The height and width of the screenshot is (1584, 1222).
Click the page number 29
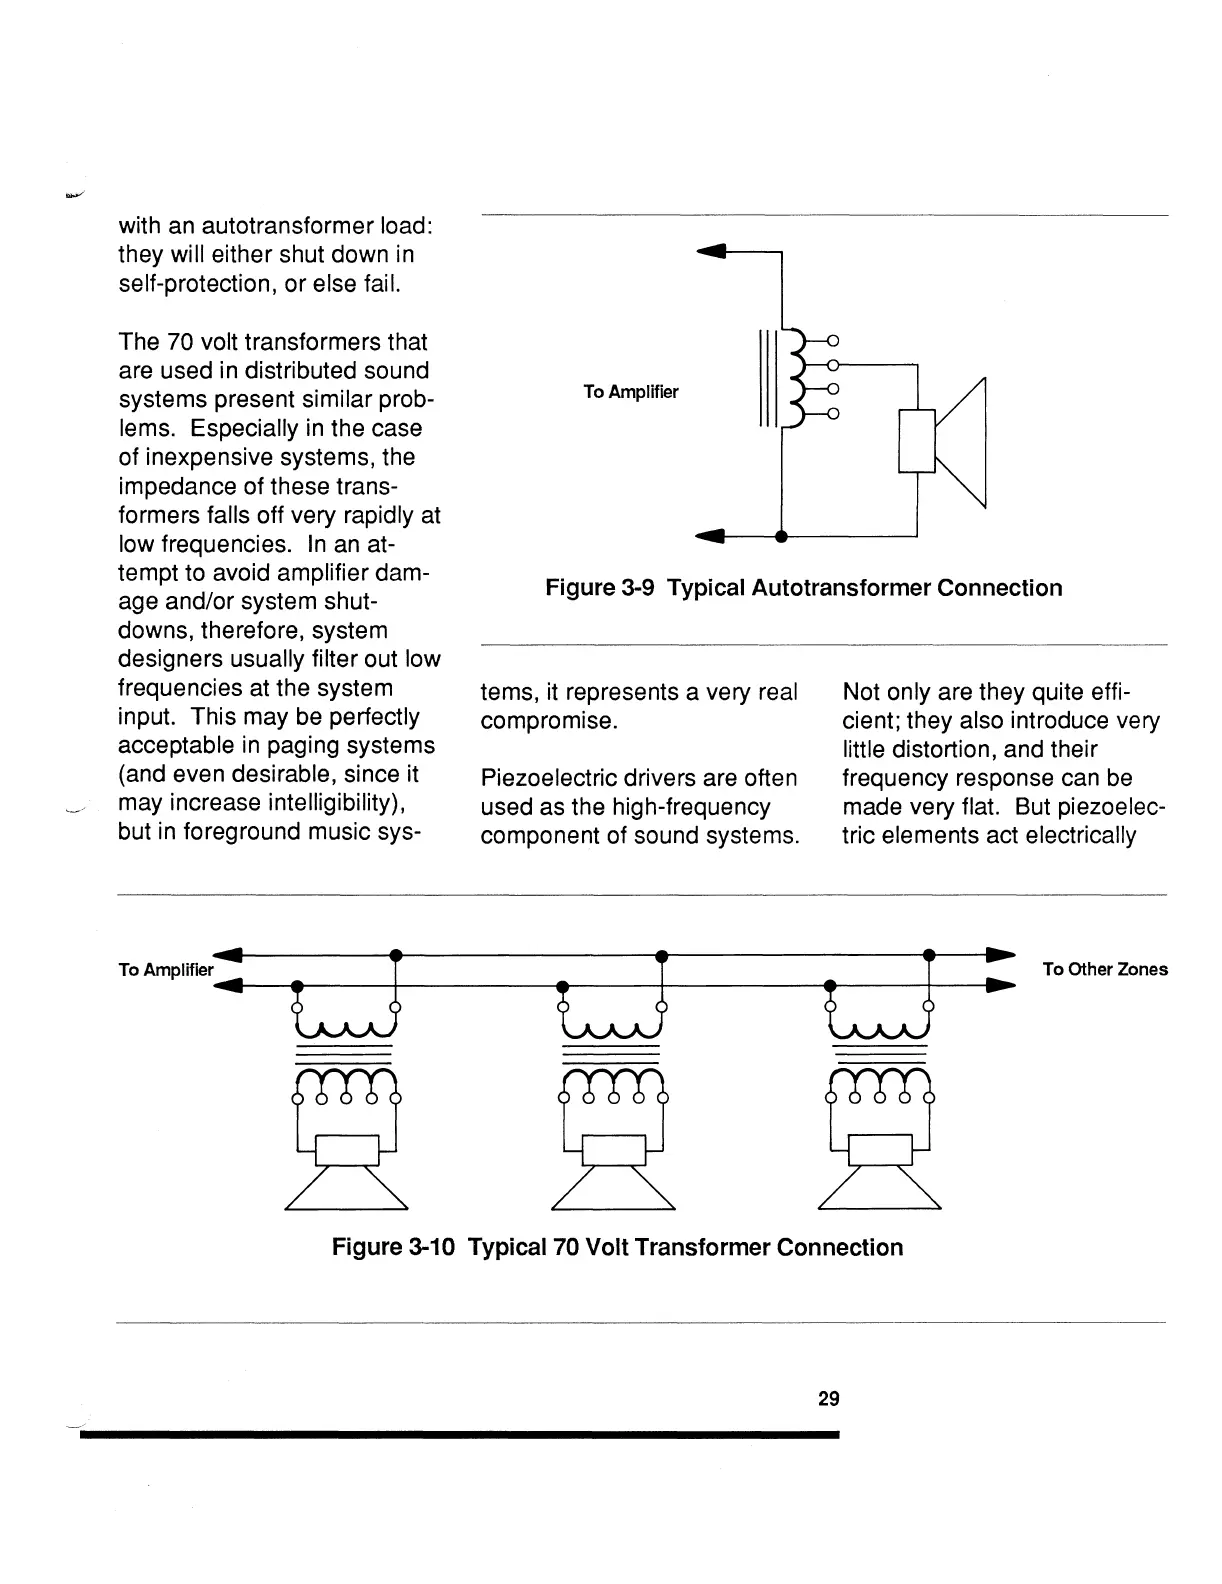click(828, 1398)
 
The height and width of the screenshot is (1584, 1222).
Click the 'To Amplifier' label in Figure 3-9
click(631, 392)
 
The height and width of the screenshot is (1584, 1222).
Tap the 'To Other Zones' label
click(1104, 969)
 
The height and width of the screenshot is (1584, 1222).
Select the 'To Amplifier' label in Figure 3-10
click(166, 970)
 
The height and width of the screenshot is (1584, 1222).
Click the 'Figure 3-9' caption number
click(600, 587)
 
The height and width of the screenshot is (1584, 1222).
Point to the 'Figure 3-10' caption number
click(393, 1247)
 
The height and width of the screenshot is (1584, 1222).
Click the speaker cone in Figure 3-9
click(962, 442)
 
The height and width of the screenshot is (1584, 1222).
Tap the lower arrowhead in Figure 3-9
click(709, 537)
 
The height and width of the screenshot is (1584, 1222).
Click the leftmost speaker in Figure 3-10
click(346, 1180)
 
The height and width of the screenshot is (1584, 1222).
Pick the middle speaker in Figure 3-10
click(613, 1180)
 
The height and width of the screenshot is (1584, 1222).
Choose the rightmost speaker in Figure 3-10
click(880, 1180)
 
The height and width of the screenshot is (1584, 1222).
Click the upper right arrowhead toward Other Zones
click(1001, 954)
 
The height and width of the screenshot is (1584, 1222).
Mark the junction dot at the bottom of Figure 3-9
click(781, 537)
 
